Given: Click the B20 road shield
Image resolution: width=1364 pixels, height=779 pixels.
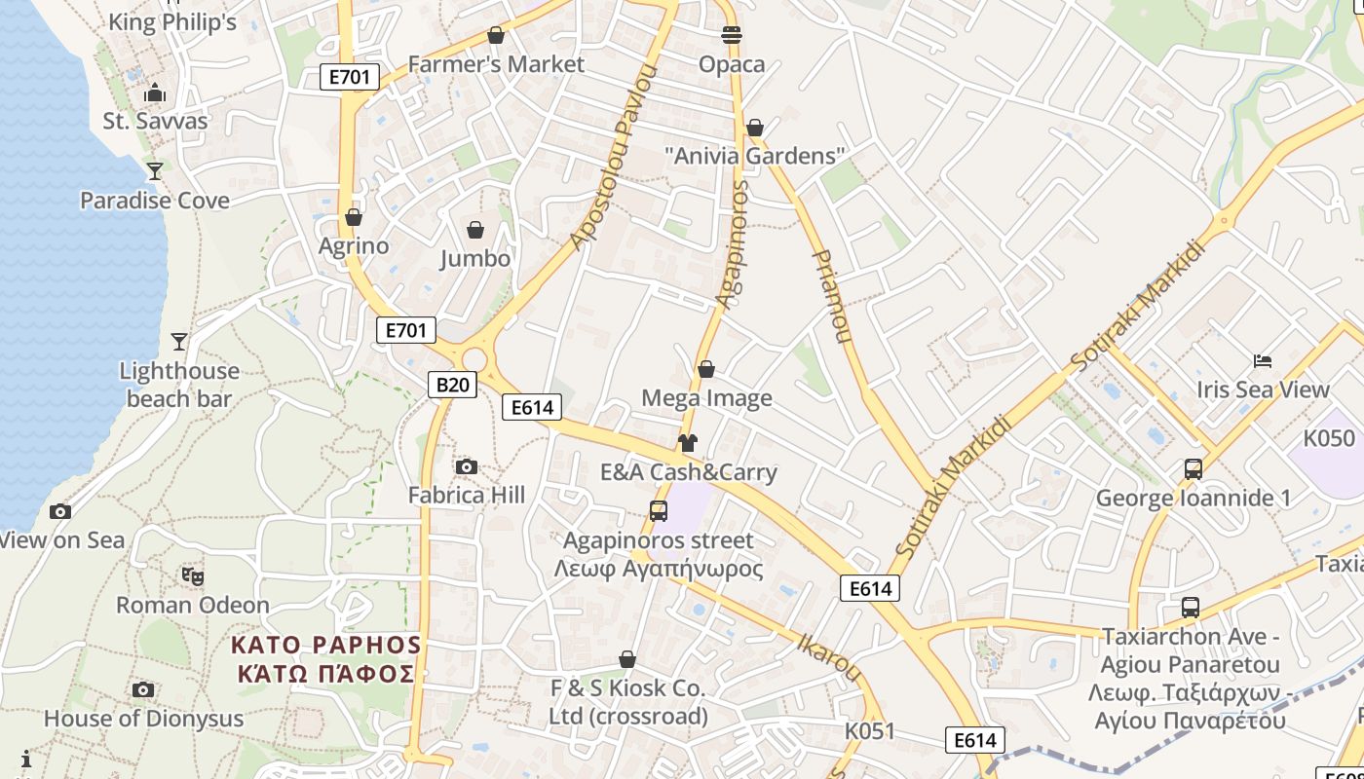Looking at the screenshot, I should pos(452,385).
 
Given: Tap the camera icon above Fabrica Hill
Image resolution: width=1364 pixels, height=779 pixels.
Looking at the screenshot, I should pos(467,466).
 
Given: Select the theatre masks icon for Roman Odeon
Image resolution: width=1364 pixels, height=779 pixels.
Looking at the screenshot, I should pos(193,576).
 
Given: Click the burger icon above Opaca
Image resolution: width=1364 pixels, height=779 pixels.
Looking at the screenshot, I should pos(732,36).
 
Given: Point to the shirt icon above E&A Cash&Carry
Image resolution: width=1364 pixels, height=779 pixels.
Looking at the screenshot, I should pos(688,444).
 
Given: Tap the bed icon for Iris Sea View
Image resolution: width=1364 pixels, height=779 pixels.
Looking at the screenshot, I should pos(1263,361).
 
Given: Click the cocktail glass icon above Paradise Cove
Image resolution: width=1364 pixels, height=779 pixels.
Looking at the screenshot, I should pos(154,171).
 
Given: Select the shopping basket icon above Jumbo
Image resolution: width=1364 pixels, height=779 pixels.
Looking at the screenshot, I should pos(475,230).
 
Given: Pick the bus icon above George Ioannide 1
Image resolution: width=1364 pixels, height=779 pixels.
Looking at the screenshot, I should pos(1193,469).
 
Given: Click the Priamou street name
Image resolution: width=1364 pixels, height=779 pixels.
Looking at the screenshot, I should pos(831,296).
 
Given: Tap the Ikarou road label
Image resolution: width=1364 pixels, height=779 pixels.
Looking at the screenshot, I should pos(830,659).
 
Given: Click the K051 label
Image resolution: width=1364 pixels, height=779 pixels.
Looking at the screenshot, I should pos(869,731).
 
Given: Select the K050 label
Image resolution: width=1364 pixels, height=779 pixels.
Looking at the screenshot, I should pos(1329,438).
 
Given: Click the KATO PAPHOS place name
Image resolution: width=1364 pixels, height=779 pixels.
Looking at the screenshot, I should pos(326,658).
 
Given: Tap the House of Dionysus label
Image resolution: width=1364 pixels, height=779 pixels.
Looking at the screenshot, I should pos(143,719).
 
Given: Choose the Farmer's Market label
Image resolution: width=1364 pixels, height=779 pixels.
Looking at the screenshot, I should pos(496,64).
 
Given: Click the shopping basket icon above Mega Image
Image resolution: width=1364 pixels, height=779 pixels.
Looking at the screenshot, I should pos(706,370).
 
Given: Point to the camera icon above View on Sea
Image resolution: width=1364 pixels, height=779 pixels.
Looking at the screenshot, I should pos(60,511).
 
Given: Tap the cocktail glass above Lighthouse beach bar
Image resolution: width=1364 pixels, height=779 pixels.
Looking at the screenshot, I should pos(179,342).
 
